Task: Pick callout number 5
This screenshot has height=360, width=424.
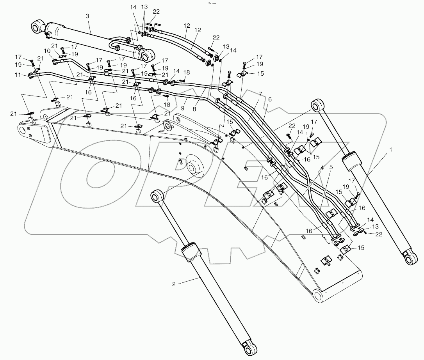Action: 330,168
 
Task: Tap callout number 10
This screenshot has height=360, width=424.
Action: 47,51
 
